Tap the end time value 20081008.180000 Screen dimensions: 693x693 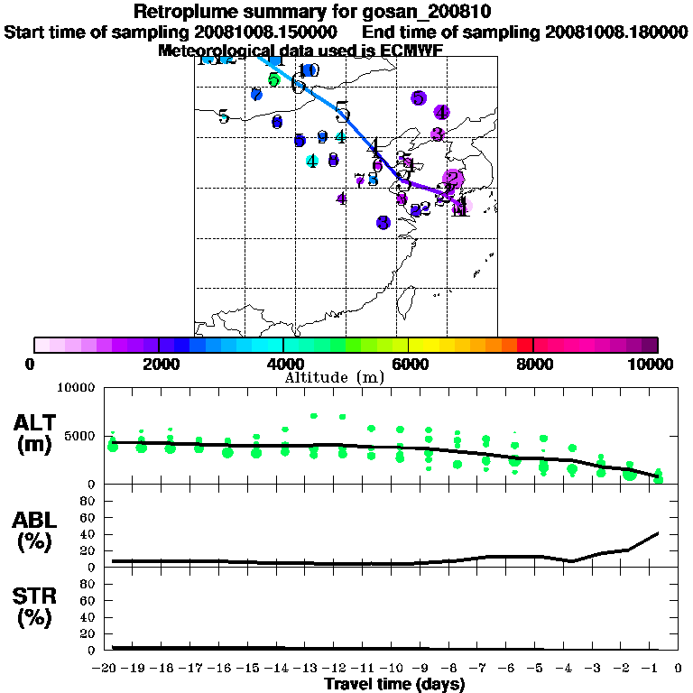pyautogui.click(x=616, y=32)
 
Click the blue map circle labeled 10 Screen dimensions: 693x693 pyautogui.click(x=310, y=70)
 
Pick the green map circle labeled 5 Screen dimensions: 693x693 pyautogui.click(x=273, y=79)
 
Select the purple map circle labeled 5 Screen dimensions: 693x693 pyautogui.click(x=418, y=97)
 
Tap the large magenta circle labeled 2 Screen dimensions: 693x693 pyautogui.click(x=453, y=179)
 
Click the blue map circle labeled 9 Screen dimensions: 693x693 pyautogui.click(x=322, y=138)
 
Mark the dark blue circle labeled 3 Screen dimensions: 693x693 pyautogui.click(x=383, y=222)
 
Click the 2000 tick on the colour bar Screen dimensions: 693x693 pyautogui.click(x=158, y=364)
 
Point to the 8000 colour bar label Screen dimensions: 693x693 pyautogui.click(x=532, y=364)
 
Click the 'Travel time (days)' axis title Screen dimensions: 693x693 pyautogui.click(x=394, y=684)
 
